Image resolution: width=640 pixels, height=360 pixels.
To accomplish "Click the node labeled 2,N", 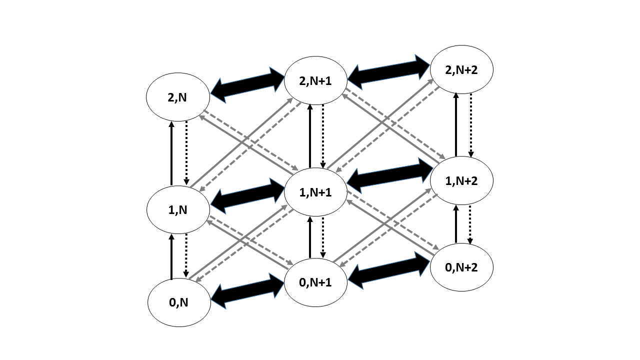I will (x=177, y=97).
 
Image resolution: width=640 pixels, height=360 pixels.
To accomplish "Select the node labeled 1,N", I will (x=177, y=210).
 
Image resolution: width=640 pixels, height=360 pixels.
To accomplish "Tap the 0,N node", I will (x=179, y=302).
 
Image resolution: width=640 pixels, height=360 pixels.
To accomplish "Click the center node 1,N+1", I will (x=315, y=192).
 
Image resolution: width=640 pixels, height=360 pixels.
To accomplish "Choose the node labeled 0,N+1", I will (x=315, y=282).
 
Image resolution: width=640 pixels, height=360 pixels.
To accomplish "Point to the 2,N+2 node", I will (x=461, y=69).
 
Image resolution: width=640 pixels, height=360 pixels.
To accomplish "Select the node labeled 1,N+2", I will (x=461, y=180).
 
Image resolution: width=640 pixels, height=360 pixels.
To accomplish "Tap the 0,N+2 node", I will (x=461, y=267).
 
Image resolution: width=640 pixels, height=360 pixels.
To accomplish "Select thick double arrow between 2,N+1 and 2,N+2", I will (x=389, y=69).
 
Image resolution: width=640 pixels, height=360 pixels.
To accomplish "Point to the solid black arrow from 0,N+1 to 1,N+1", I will (x=310, y=237).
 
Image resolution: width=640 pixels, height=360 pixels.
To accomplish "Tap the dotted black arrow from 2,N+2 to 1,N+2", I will (x=470, y=125).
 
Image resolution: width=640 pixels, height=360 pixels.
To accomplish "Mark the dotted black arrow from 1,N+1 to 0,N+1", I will (x=323, y=237).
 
